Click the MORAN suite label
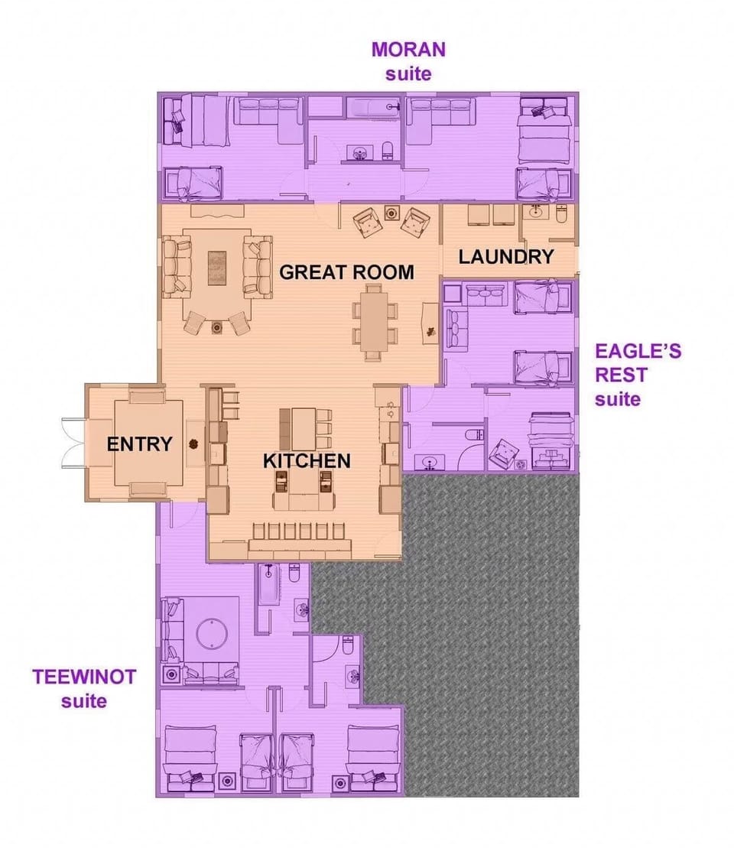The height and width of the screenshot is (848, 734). tap(408, 61)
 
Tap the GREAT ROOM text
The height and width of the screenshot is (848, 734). tap(346, 271)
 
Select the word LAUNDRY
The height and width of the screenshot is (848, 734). tap(505, 257)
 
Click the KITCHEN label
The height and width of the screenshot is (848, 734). tap(307, 460)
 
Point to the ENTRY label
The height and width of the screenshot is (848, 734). tap(139, 443)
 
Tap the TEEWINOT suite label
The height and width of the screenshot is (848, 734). tap(84, 688)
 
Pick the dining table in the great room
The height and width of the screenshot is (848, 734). tap(374, 322)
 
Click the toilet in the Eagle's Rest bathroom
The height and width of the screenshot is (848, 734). tap(473, 435)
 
